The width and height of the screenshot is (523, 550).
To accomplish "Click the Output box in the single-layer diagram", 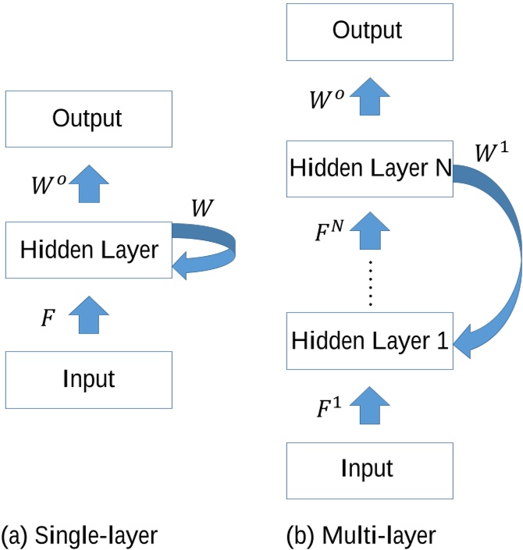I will point(88,119).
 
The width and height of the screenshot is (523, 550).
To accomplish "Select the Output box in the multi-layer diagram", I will point(368,30).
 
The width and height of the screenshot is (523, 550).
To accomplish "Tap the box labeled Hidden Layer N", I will point(368,168).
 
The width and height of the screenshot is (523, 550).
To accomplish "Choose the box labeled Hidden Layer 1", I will point(368,341).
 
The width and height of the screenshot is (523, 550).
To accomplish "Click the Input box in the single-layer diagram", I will point(88,379).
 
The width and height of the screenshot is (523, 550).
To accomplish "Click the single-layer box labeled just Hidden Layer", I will point(88,250).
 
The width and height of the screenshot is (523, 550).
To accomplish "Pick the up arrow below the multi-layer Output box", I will point(368,99).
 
